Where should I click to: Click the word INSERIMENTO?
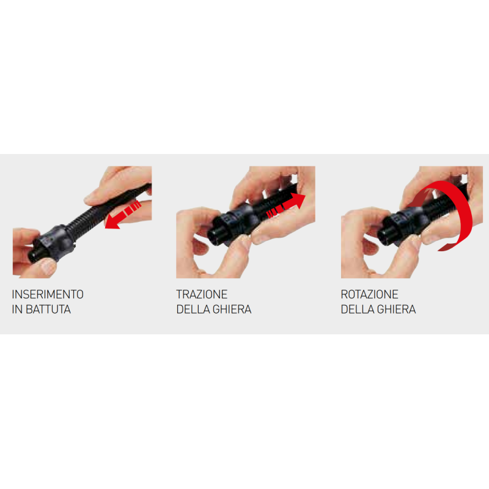[x=48, y=295]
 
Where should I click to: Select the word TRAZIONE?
[x=202, y=295]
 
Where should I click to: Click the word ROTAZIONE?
[x=369, y=295]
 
